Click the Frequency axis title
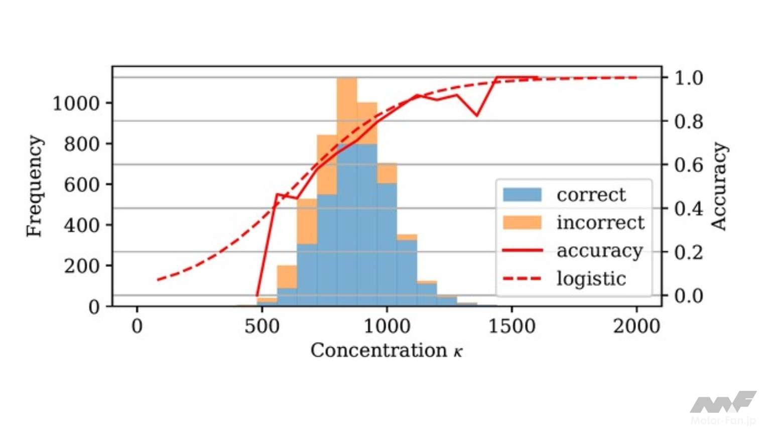[x=35, y=186]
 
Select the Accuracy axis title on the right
[x=719, y=186]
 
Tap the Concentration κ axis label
[x=386, y=350]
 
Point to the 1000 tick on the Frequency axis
[x=76, y=103]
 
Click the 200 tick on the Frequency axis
[x=81, y=265]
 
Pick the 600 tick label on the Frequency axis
[x=81, y=185]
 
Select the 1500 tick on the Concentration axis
[x=512, y=326]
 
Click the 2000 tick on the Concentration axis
[x=636, y=326]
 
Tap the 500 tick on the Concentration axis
[x=262, y=326]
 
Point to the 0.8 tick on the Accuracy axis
[x=689, y=121]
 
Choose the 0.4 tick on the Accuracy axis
[x=689, y=208]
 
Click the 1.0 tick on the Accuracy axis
[x=689, y=78]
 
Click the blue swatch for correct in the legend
[x=522, y=195]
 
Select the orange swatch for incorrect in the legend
[x=522, y=222]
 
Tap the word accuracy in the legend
[x=599, y=250]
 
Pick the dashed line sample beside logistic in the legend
[x=522, y=278]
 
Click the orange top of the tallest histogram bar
[x=347, y=110]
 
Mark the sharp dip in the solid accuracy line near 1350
[x=477, y=115]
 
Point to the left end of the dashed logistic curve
[x=158, y=279]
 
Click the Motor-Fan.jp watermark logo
[x=723, y=407]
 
